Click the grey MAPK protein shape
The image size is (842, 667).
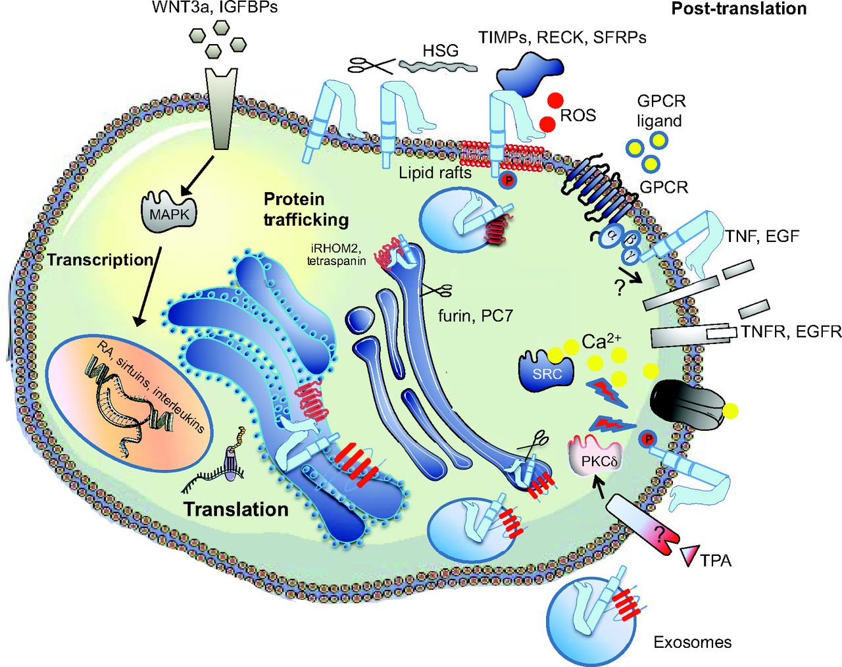click(x=169, y=212)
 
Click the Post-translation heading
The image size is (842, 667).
click(x=738, y=9)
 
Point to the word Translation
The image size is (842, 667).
click(x=235, y=509)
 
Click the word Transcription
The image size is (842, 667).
click(x=100, y=260)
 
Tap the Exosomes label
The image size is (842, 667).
click(x=692, y=642)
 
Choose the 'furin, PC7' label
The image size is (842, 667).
click(x=475, y=316)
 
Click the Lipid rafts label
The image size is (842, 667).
click(x=435, y=172)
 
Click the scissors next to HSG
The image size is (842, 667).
click(x=371, y=64)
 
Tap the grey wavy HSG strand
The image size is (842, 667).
click(x=437, y=66)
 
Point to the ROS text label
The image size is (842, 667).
click(x=578, y=116)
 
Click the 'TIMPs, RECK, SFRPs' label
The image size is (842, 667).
click(x=562, y=37)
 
